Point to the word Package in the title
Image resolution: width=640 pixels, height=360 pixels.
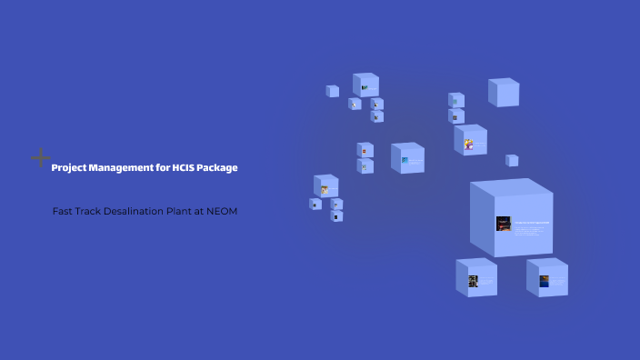[x=220, y=167]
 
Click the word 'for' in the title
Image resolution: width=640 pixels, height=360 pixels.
[x=159, y=167]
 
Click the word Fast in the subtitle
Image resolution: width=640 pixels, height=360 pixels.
[x=63, y=211]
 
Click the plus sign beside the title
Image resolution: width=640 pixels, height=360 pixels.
[x=40, y=158]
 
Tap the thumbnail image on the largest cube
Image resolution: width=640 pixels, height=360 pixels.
[x=503, y=223]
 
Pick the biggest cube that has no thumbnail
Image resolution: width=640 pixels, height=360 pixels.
[x=504, y=92]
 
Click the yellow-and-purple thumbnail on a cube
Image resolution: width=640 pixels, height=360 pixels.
[x=469, y=144]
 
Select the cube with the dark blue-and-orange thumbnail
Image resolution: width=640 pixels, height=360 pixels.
[x=544, y=281]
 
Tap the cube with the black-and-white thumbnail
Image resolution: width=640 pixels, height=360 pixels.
[x=473, y=281]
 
